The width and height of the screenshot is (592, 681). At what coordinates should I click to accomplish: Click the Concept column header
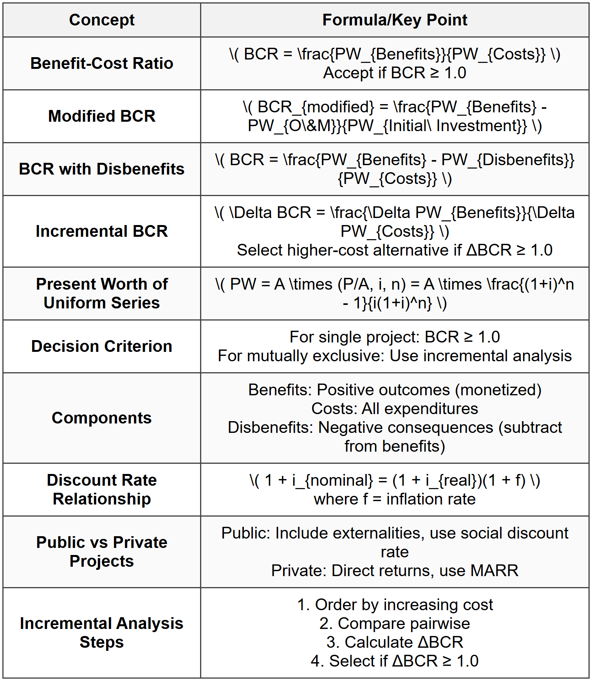tap(101, 20)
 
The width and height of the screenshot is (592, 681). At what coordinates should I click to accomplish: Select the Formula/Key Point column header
tap(395, 20)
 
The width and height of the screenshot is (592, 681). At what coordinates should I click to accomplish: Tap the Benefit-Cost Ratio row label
tap(101, 63)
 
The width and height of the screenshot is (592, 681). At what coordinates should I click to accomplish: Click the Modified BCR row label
tap(101, 116)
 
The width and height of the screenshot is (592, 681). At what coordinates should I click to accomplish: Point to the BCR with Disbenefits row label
tap(101, 169)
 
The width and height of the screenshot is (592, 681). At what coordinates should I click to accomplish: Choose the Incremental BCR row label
tap(101, 231)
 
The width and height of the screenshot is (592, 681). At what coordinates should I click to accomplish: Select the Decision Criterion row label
tap(101, 346)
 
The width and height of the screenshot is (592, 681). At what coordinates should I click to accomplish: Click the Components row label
tap(101, 418)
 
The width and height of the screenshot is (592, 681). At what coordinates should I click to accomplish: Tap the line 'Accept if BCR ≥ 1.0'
tap(395, 73)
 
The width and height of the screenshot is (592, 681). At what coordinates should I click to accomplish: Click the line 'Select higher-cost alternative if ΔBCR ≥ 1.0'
tap(395, 250)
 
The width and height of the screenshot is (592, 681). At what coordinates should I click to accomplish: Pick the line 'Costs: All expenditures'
tap(395, 409)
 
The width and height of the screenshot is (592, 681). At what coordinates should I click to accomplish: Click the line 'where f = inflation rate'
tap(395, 499)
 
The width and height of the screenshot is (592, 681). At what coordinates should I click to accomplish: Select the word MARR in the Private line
tap(495, 571)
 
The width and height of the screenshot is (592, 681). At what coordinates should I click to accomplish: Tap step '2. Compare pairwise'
tap(395, 624)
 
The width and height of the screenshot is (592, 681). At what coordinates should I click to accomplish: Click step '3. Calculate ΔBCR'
tap(395, 643)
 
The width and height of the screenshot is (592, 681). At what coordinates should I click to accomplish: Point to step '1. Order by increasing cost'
tap(395, 605)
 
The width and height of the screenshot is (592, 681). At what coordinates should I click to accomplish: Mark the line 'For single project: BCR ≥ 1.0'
tap(395, 337)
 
